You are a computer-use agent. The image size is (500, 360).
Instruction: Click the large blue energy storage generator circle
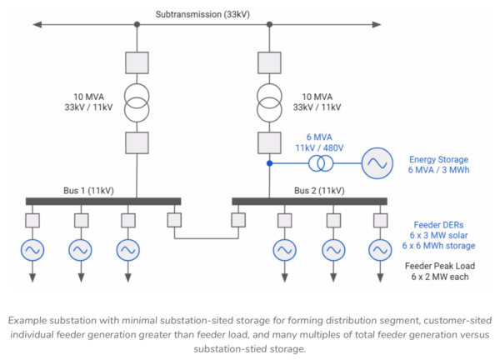point(376,163)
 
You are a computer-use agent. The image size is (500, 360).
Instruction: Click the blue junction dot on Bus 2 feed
point(269,163)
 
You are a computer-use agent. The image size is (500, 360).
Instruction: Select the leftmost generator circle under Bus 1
point(33,249)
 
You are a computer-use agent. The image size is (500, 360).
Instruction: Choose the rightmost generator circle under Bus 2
point(381,249)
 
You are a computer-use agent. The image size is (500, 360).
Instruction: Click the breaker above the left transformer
point(137,62)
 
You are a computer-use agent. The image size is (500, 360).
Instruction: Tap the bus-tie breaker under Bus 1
point(174,220)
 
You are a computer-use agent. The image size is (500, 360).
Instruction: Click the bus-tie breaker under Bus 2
point(238,220)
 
